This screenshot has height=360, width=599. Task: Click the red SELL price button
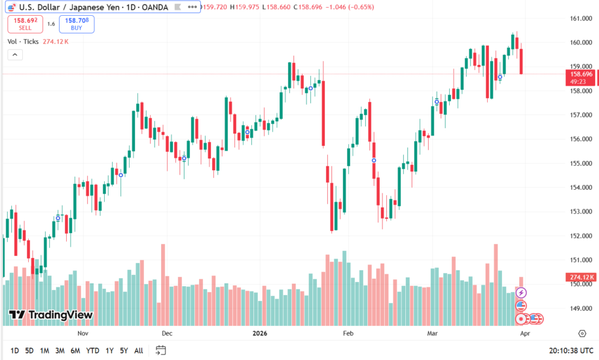point(26,24)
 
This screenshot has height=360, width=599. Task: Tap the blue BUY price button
point(77,24)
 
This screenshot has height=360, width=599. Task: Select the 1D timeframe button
point(14,351)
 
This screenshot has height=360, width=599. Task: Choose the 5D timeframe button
point(29,351)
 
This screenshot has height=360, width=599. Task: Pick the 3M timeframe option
point(60,351)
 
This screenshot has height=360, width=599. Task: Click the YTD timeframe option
point(92,351)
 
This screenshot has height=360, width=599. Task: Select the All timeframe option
point(138,351)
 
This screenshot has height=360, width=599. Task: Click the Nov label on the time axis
point(82,333)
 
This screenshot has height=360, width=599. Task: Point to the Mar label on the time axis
point(433,333)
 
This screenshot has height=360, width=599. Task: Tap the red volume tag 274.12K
point(581,278)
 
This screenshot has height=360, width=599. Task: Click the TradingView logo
point(50,315)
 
